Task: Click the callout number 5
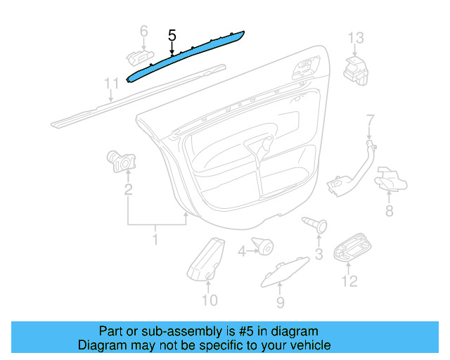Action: click(172, 34)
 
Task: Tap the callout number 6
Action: click(143, 31)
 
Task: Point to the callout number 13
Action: click(356, 37)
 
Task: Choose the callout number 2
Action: click(128, 189)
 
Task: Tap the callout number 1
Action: click(155, 240)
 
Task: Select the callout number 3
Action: click(319, 254)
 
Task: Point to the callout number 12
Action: click(349, 281)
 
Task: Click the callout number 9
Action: click(280, 302)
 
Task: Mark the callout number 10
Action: click(210, 301)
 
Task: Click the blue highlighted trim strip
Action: click(184, 55)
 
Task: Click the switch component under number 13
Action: click(355, 68)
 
